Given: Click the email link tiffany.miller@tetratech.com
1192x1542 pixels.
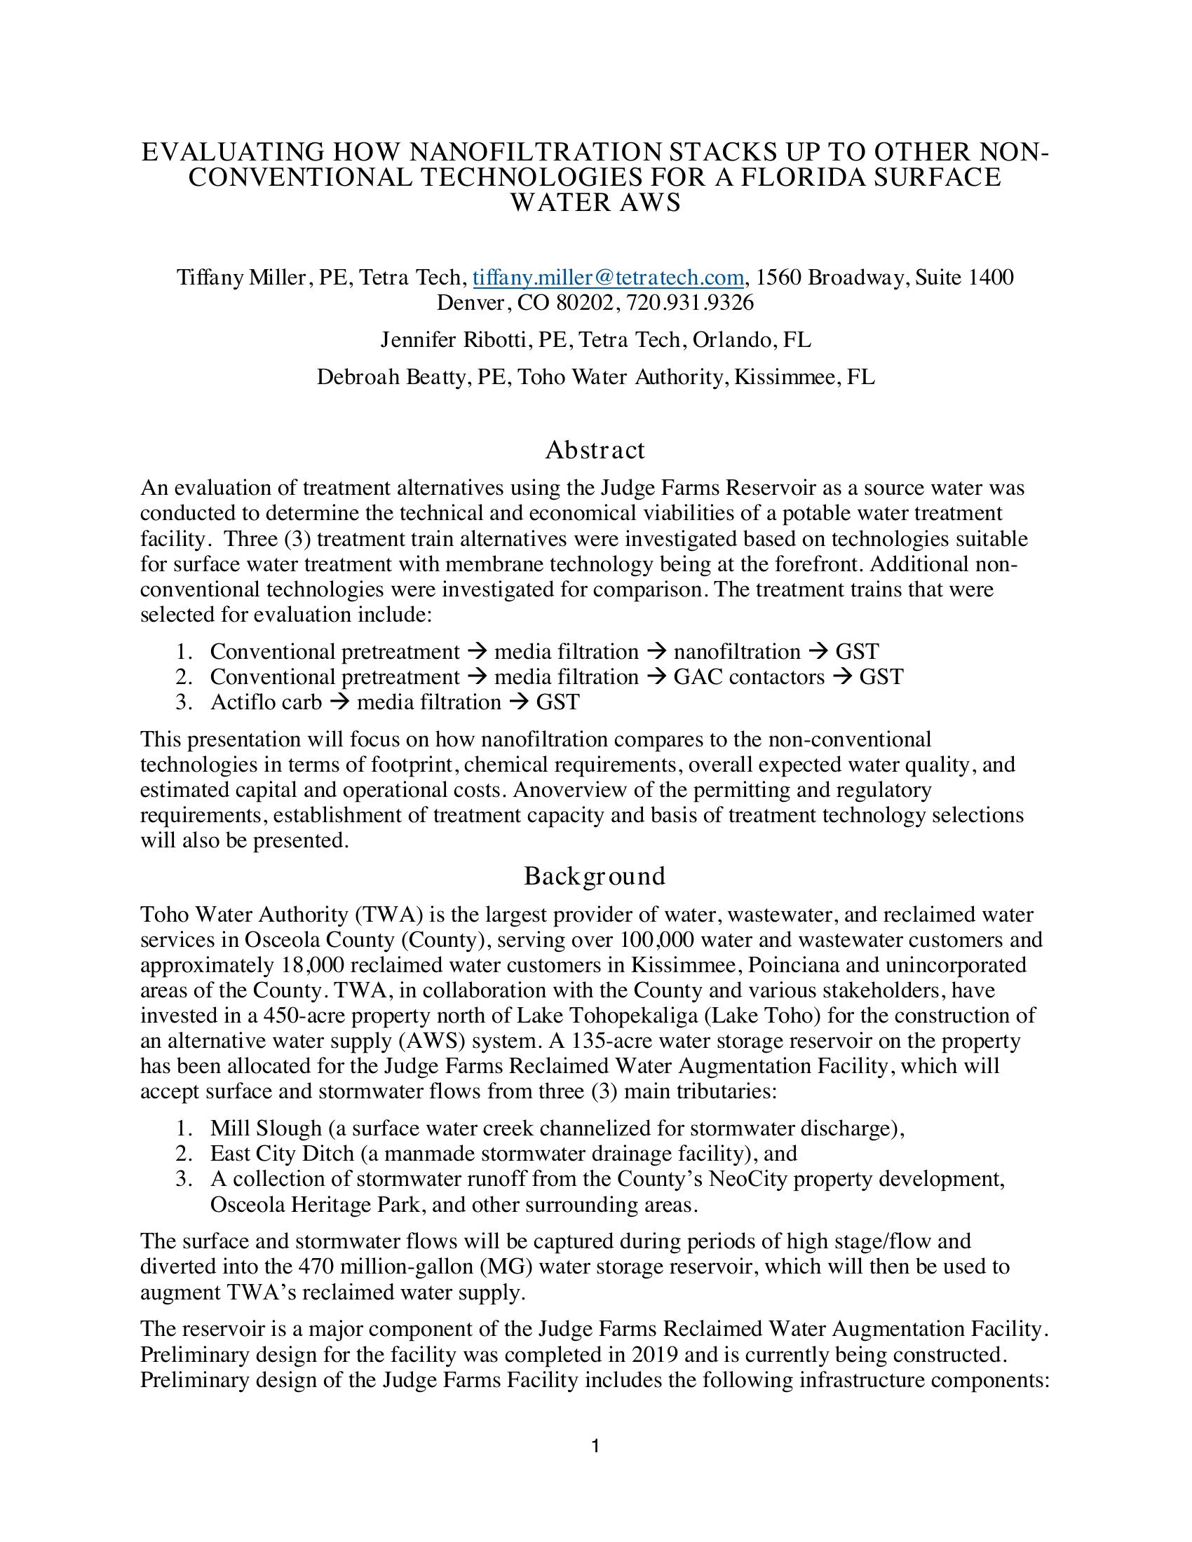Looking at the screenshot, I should (x=608, y=278).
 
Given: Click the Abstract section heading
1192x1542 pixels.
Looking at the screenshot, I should (x=595, y=450).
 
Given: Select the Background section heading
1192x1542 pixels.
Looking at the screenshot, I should (x=595, y=876).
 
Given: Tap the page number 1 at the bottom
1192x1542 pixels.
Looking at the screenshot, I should (x=595, y=1447).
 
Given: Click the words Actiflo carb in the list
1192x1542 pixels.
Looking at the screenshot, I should (x=266, y=702).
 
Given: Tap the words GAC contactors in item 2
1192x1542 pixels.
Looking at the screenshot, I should (x=749, y=677).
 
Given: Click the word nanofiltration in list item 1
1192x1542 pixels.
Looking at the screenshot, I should (x=737, y=652).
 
